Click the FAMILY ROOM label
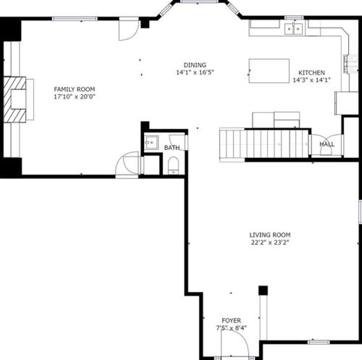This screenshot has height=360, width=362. [75, 89]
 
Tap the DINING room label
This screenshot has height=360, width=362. [195, 65]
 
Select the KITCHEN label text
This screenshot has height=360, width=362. [311, 72]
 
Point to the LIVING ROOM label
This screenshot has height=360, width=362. [270, 235]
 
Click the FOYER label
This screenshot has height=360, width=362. [231, 321]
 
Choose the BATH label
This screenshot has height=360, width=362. [172, 148]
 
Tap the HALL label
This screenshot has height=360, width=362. [327, 144]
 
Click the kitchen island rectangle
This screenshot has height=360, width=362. [269, 71]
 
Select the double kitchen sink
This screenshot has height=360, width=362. [294, 29]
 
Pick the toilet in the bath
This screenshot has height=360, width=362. [173, 165]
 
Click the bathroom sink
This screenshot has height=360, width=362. [151, 143]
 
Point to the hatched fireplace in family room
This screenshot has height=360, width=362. [14, 99]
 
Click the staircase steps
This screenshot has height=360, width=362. [264, 144]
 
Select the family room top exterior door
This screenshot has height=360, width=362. [129, 29]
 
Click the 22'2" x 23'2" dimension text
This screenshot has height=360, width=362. [270, 243]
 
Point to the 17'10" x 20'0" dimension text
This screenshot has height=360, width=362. [75, 97]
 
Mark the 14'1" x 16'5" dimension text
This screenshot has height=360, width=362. [195, 72]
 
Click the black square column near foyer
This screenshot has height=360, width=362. [263, 290]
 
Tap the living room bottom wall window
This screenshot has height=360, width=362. [319, 342]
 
